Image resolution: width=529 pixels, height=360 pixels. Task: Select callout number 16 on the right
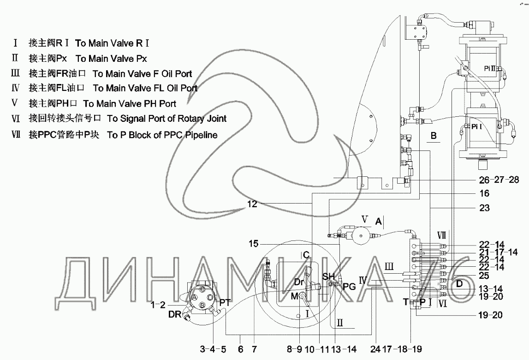(x=484, y=193)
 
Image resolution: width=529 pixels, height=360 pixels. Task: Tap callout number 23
(x=484, y=208)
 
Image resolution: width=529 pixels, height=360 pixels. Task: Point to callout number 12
(x=253, y=203)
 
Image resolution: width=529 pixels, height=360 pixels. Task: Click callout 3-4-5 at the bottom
(x=213, y=349)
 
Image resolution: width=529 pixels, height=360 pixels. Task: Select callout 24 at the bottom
(x=375, y=349)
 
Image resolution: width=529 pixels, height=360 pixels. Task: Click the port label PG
(x=349, y=287)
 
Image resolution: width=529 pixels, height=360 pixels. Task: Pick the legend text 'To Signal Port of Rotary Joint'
(x=166, y=119)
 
